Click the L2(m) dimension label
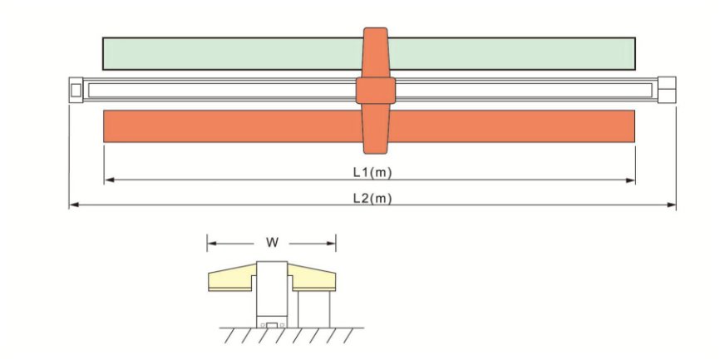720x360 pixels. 372,197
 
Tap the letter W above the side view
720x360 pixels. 271,243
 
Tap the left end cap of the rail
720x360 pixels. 76,89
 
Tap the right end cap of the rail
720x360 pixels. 667,89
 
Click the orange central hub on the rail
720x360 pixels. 375,90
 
